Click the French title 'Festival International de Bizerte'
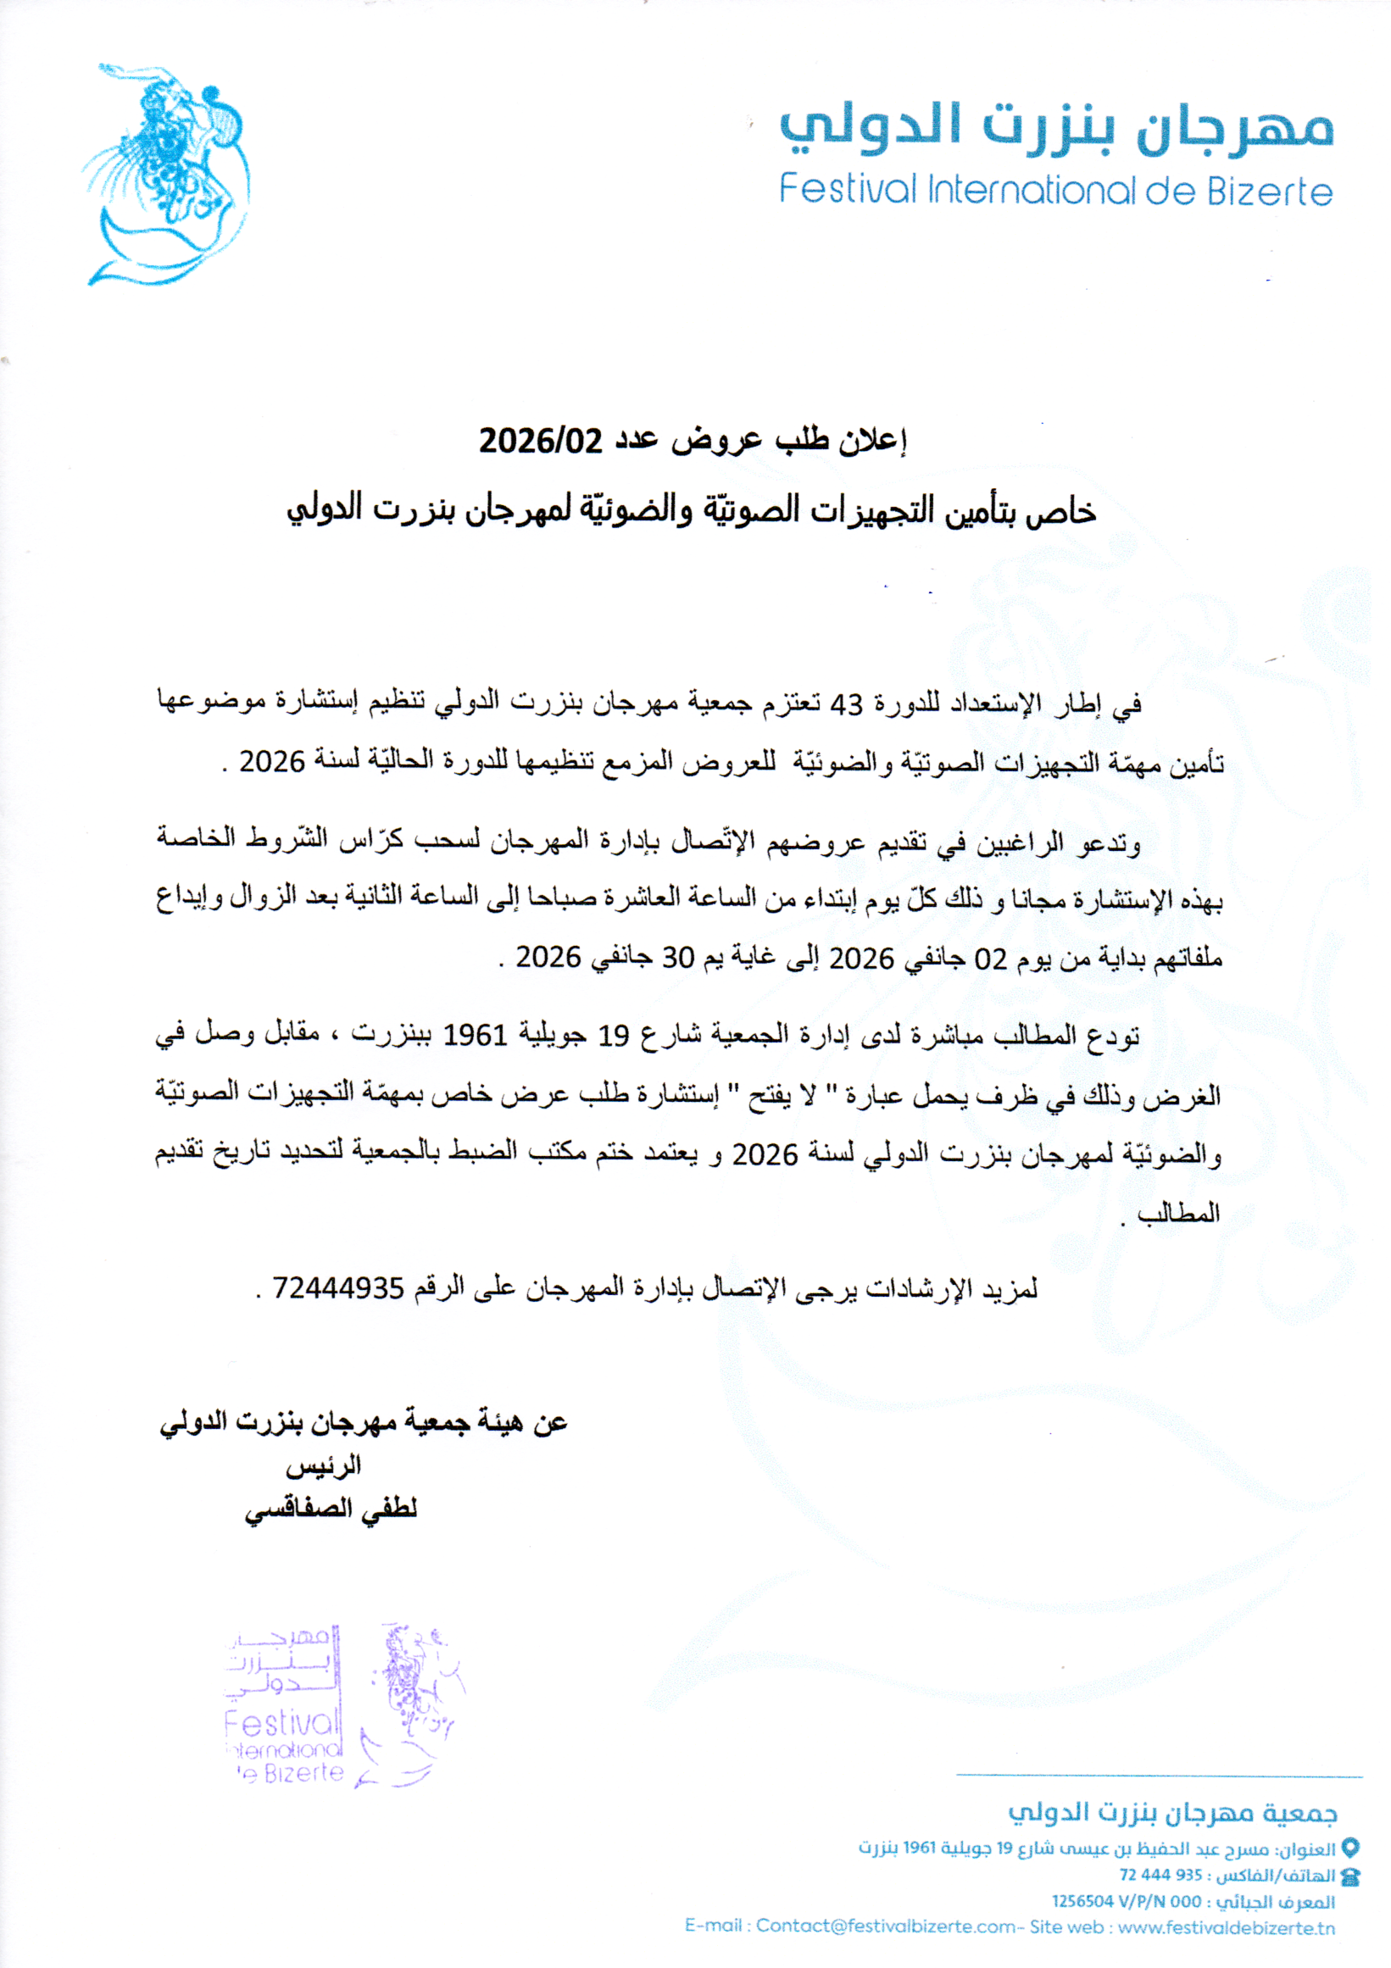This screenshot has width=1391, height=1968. tap(1056, 191)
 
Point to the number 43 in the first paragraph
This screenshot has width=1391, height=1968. tap(846, 703)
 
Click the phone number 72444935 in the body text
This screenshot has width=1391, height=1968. tap(337, 1287)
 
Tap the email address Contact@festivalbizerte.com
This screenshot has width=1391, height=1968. tap(885, 1926)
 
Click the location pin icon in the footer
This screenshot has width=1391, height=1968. tap(1349, 1848)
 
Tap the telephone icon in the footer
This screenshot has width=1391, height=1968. tap(1349, 1876)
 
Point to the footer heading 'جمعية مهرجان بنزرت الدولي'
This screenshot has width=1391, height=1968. tap(1172, 1812)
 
